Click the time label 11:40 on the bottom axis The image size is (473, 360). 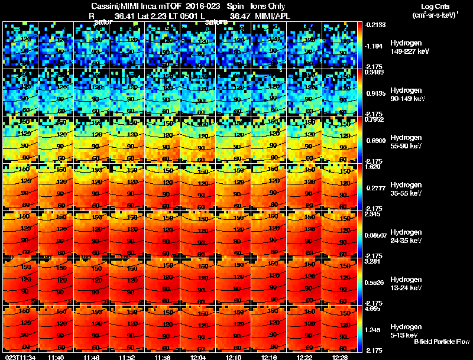[56, 356]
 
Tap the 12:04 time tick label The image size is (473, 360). [199, 356]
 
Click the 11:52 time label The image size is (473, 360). [128, 356]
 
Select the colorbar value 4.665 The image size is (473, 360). [374, 308]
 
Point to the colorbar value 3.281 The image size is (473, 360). [374, 261]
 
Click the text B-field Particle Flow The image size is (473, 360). [441, 342]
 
